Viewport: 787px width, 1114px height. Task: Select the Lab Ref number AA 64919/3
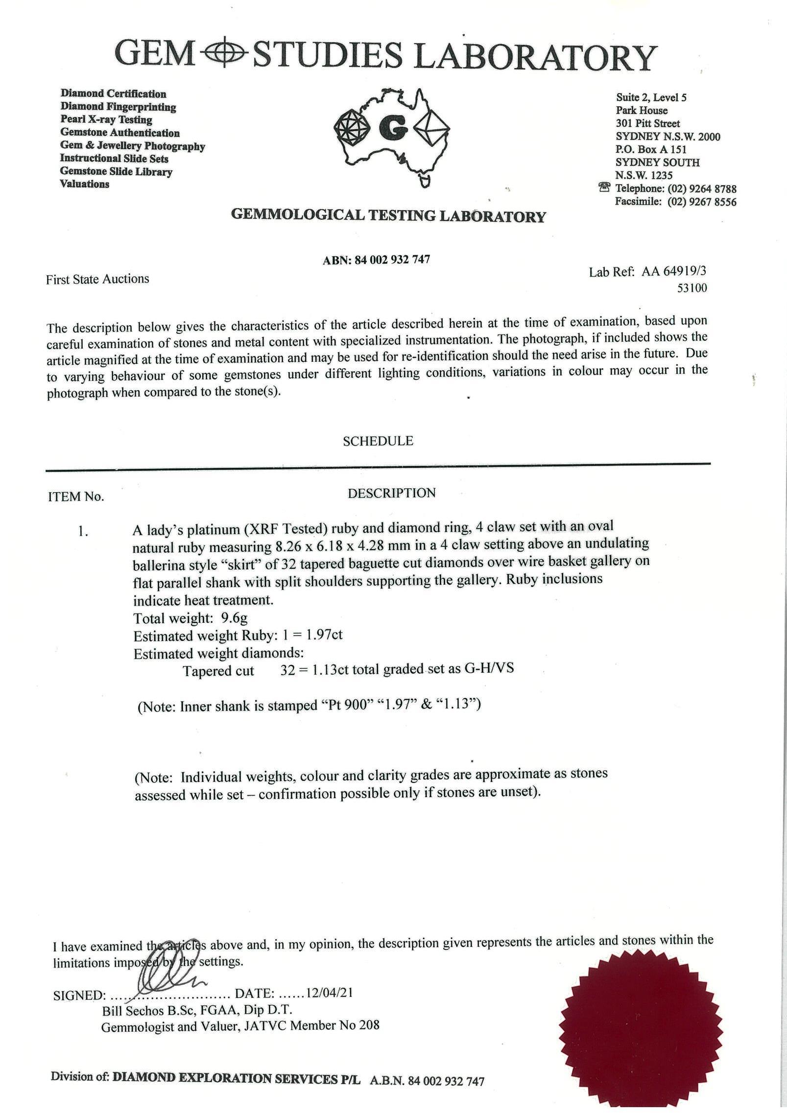[674, 271]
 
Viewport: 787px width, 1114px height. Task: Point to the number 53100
[692, 288]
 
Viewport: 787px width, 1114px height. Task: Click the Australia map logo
[391, 135]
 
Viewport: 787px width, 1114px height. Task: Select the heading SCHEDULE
[378, 441]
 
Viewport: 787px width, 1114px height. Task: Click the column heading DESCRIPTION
[392, 493]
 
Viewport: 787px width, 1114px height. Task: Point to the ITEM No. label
[76, 497]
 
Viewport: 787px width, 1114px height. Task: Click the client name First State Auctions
[97, 279]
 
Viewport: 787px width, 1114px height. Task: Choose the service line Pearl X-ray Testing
[106, 119]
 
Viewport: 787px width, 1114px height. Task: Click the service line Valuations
[85, 184]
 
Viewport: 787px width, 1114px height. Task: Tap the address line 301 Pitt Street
[648, 123]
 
